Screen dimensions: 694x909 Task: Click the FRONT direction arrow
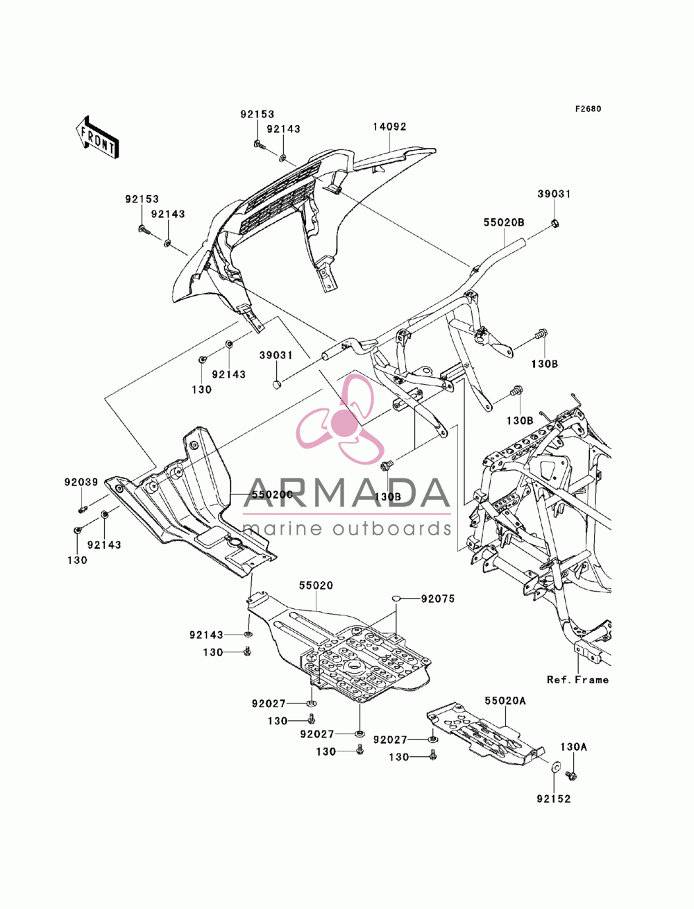(x=97, y=137)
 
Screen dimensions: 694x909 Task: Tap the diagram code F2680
(x=588, y=109)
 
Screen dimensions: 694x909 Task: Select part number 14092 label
(x=389, y=126)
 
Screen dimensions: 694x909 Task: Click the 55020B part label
(x=504, y=223)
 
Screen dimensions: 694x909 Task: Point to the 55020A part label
(x=505, y=701)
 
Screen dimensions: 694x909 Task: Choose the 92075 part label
(x=438, y=599)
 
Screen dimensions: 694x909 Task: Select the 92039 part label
(x=81, y=482)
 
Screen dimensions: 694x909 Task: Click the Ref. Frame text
(x=577, y=680)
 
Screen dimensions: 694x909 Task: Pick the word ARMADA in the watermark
(x=347, y=493)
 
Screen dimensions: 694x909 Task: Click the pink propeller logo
(x=341, y=419)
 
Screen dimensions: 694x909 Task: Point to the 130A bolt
(x=572, y=774)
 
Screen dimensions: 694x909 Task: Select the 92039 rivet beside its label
(x=83, y=508)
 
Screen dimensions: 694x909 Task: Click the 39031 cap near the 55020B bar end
(x=555, y=224)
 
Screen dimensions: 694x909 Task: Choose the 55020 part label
(x=316, y=585)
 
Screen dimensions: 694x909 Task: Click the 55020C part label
(x=272, y=494)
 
